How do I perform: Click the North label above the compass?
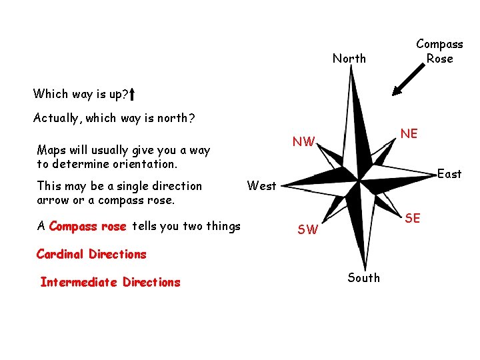pyautogui.click(x=349, y=59)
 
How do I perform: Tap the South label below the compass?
pyautogui.click(x=363, y=277)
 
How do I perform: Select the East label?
pyautogui.click(x=449, y=174)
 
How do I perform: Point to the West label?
pyautogui.click(x=261, y=186)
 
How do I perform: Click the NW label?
pyautogui.click(x=303, y=141)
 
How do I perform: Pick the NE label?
pyautogui.click(x=409, y=134)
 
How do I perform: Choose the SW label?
pyautogui.click(x=307, y=230)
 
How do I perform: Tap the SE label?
pyautogui.click(x=413, y=218)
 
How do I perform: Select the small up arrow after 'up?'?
pyautogui.click(x=133, y=93)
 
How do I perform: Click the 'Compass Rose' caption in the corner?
pyautogui.click(x=439, y=51)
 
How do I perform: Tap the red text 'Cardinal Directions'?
pyautogui.click(x=91, y=254)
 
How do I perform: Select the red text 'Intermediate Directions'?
pyautogui.click(x=110, y=282)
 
